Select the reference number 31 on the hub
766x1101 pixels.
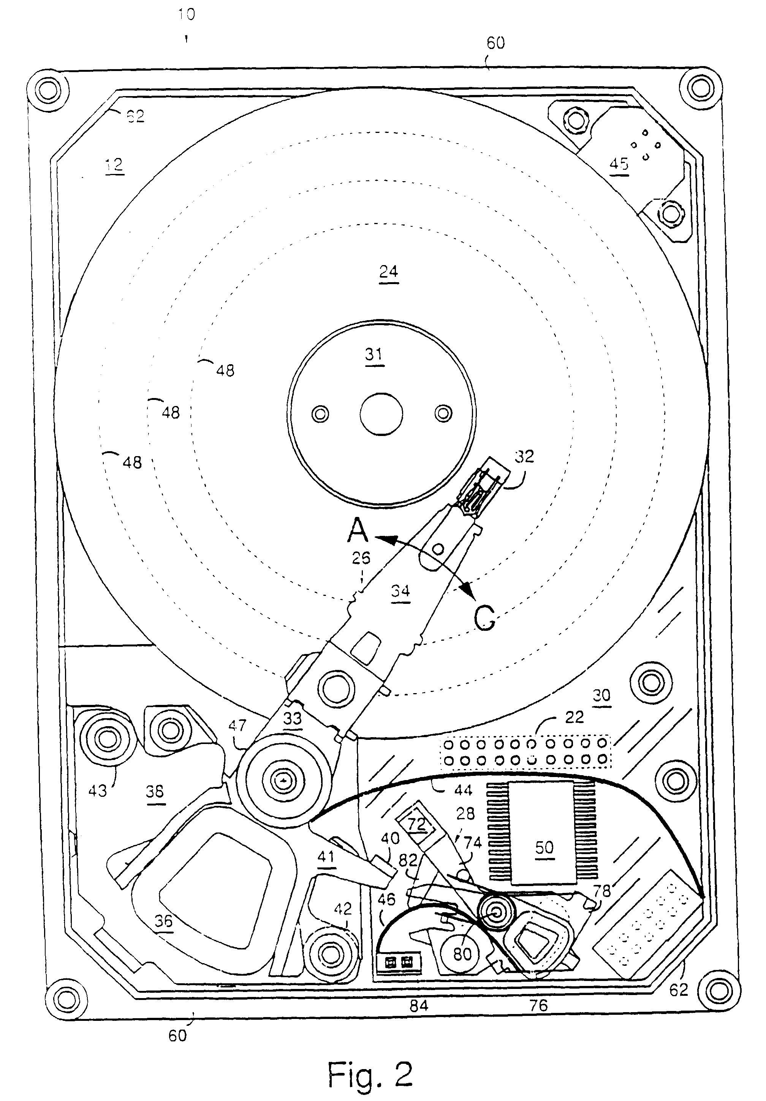[374, 354]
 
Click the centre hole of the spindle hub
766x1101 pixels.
[381, 414]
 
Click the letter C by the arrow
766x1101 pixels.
[484, 619]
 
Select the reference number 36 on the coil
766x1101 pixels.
[163, 920]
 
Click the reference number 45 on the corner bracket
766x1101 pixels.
[619, 164]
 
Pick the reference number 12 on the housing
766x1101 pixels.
[114, 166]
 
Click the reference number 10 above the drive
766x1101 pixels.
[186, 15]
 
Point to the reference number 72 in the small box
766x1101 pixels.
[416, 823]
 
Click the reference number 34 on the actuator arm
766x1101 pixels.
[400, 591]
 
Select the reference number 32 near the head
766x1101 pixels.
[524, 456]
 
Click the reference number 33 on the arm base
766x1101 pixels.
[293, 718]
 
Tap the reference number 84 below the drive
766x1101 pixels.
[418, 1006]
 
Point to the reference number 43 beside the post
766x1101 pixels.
[97, 790]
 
